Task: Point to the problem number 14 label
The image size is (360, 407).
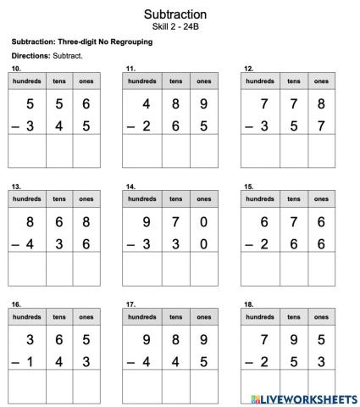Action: pos(130,186)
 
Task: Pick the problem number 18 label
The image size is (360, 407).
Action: pos(248,304)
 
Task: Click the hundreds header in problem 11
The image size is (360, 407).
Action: pos(142,81)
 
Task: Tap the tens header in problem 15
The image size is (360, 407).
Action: pos(293,199)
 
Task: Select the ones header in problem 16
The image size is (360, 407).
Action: pos(86,317)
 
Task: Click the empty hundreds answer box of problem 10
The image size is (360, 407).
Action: pos(26,151)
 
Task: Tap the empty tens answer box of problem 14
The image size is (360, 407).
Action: pos(175,269)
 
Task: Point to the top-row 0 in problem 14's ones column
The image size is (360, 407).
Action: pos(203,224)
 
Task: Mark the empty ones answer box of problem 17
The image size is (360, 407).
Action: pos(203,387)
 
